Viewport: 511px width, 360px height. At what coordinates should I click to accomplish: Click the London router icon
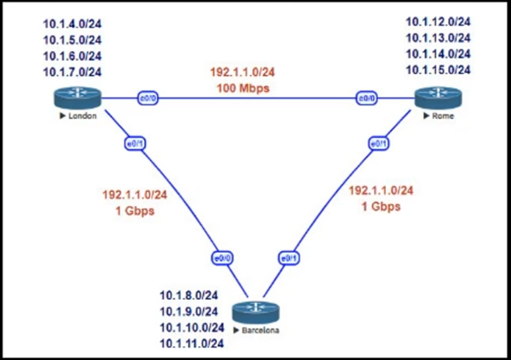(x=77, y=98)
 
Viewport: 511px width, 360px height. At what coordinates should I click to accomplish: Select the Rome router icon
(x=438, y=98)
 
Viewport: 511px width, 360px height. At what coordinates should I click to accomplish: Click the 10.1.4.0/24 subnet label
(x=73, y=24)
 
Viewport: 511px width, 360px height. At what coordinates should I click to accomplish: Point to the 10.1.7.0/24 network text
(x=73, y=71)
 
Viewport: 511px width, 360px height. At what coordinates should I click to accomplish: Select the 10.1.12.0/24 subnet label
(x=438, y=22)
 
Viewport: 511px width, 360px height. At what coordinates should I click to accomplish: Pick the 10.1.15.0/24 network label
(x=438, y=69)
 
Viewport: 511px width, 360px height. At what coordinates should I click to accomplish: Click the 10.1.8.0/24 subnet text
(x=191, y=297)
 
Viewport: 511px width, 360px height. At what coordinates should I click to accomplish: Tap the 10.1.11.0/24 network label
(x=191, y=343)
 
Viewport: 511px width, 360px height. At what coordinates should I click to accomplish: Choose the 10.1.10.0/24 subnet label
(x=191, y=328)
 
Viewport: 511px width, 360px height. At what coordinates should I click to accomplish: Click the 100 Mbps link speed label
(x=243, y=88)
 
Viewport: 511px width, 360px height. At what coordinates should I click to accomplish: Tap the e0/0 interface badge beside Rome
(x=366, y=98)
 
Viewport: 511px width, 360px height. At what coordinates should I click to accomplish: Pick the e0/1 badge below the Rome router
(x=378, y=143)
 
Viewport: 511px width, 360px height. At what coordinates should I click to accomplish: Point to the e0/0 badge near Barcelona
(x=222, y=258)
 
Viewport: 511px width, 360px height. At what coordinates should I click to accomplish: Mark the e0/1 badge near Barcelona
(x=289, y=258)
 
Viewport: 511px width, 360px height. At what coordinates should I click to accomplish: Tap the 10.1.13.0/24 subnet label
(x=438, y=38)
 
